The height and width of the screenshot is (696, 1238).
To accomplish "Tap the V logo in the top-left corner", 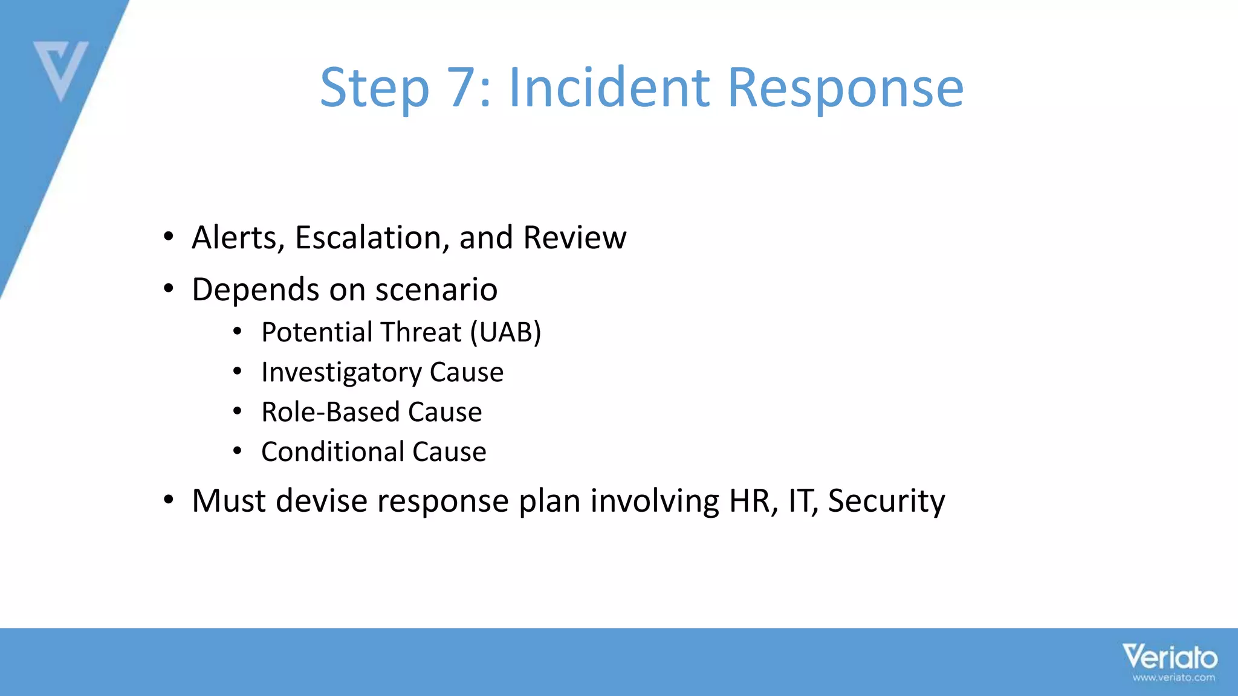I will pos(60,69).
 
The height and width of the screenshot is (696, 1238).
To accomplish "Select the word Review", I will pos(574,237).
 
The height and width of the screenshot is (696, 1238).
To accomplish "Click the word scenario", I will pos(436,290).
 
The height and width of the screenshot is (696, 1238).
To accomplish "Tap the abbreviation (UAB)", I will pos(505,332).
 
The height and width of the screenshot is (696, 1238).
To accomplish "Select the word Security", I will pos(886,502).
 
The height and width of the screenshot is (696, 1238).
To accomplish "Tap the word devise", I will pos(321,501).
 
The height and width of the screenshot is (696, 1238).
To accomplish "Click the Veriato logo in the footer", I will pos(1170,657).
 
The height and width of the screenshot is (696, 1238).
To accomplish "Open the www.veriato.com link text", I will pos(1173,678).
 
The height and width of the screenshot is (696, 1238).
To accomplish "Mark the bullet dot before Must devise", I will pos(169,500).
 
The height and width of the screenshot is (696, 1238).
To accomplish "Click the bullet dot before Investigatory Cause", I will pos(238,372).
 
